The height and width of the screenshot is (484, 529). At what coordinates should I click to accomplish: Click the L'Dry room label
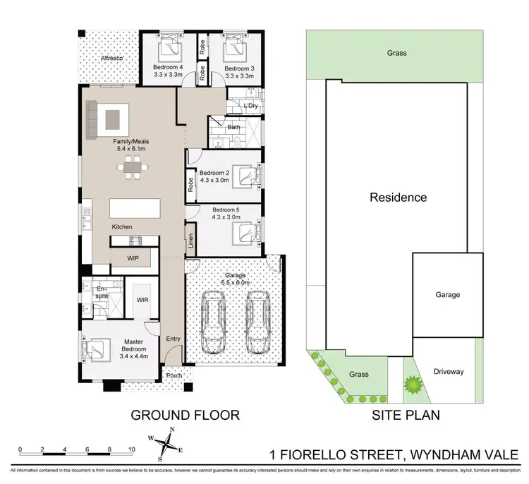[250, 106]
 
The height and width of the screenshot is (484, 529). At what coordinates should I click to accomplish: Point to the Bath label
[233, 128]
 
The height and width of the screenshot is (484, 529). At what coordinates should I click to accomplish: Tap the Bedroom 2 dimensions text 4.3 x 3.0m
[215, 180]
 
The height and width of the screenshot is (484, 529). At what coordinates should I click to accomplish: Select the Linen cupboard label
[190, 241]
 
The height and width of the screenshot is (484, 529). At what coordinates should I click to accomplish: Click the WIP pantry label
[133, 259]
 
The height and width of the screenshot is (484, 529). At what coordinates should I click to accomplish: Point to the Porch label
[174, 375]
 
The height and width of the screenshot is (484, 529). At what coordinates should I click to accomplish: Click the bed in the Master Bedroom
[99, 349]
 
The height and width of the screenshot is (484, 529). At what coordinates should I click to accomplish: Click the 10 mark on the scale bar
[132, 449]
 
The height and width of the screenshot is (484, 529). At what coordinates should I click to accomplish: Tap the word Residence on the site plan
[399, 198]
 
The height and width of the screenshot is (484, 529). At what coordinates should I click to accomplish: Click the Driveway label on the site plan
[449, 372]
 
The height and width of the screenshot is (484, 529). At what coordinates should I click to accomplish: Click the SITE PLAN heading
[406, 415]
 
